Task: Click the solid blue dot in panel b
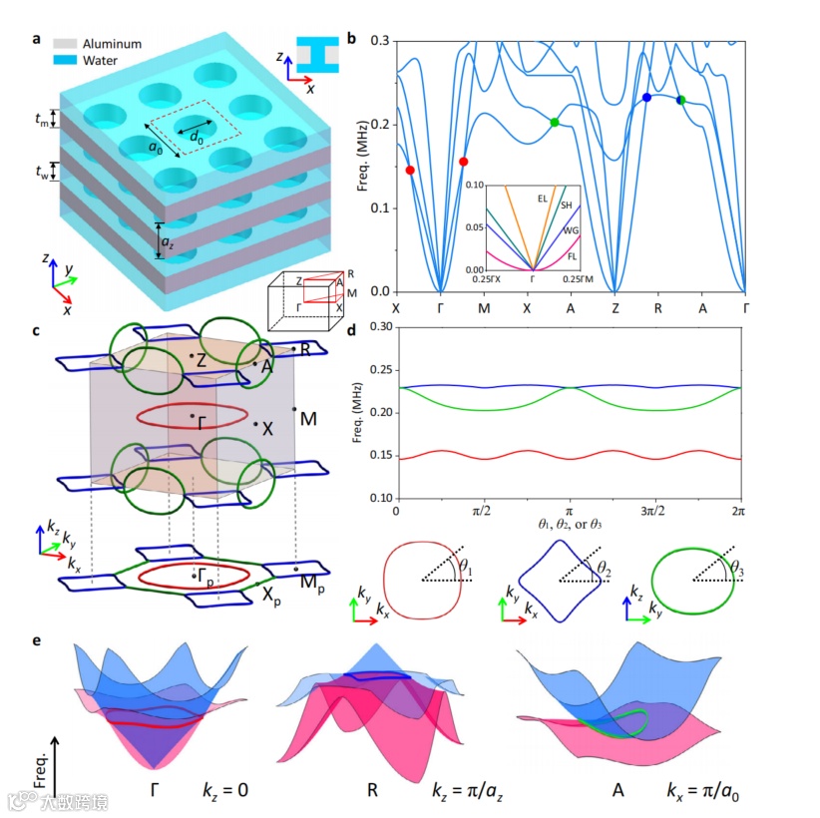pos(646,97)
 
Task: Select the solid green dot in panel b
pos(555,122)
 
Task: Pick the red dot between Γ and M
pos(463,162)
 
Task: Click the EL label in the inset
pos(543,199)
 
